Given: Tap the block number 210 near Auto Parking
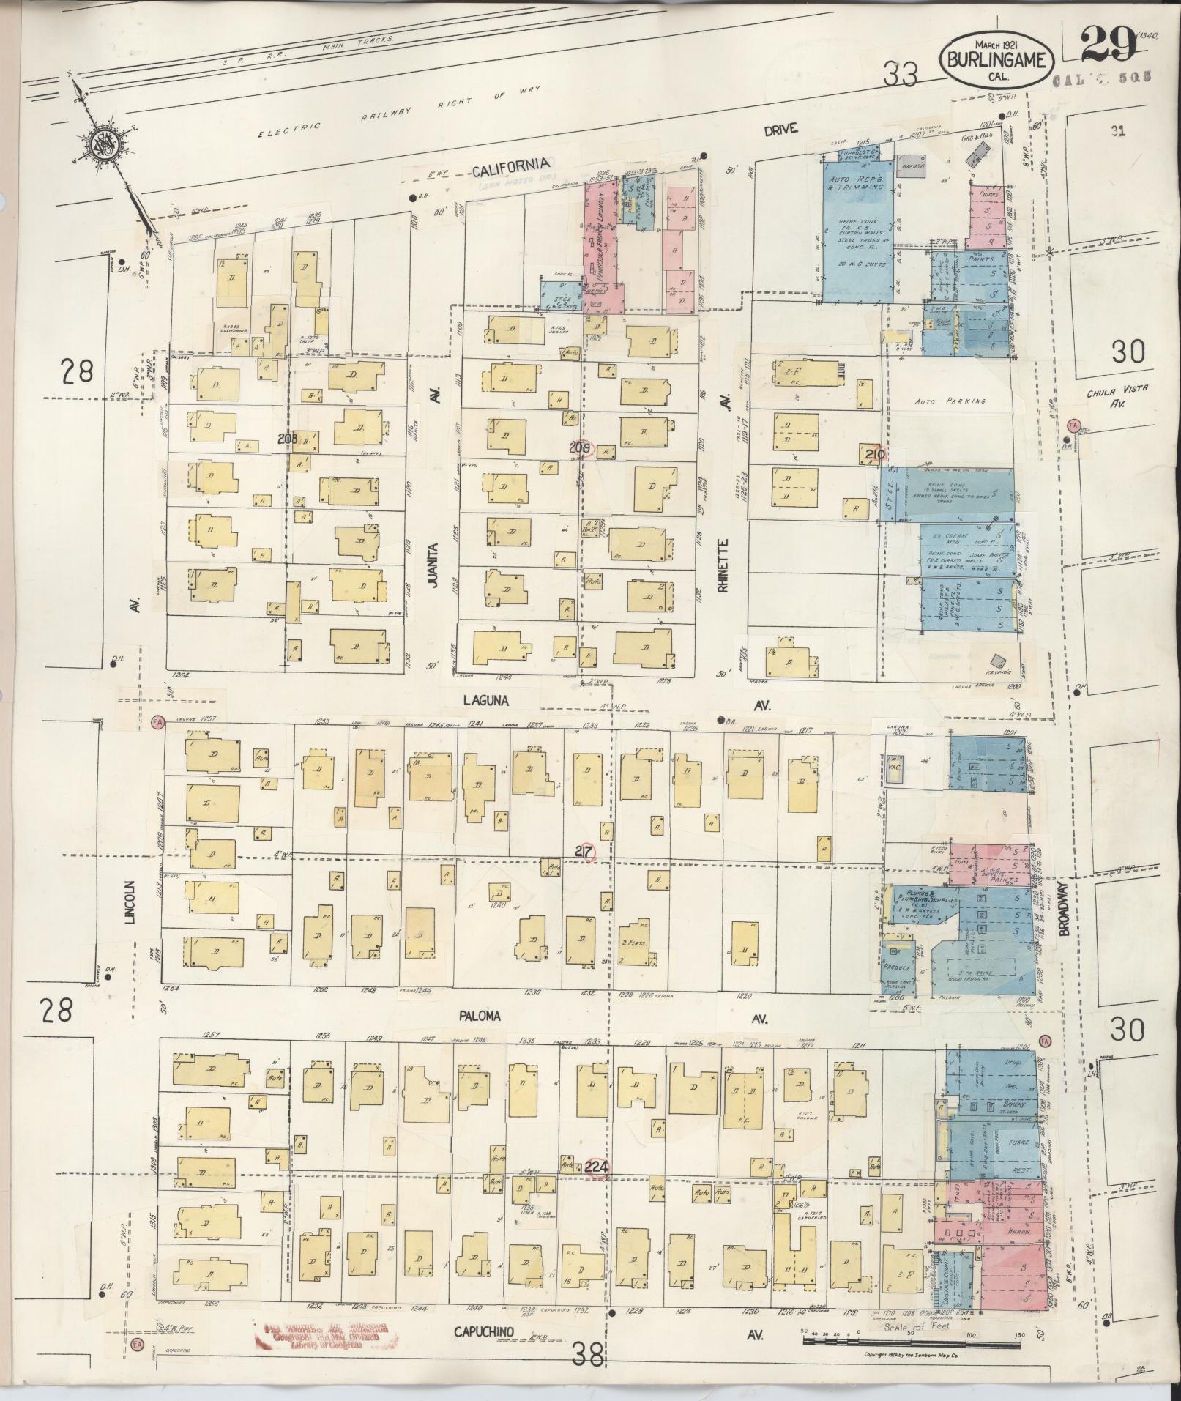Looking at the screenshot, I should pyautogui.click(x=876, y=456).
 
